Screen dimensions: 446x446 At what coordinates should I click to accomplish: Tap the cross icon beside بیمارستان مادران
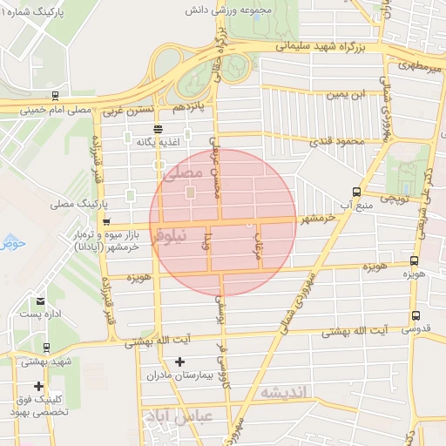[x=180, y=362]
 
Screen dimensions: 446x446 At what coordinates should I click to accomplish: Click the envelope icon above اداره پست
[x=41, y=301]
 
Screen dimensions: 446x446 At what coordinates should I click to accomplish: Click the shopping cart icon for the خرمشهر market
[x=106, y=222]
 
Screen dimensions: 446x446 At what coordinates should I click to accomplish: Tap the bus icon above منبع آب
[x=356, y=192]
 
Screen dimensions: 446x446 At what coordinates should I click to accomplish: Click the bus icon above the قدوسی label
[x=416, y=316]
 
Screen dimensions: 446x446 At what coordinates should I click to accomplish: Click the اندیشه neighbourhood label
[x=283, y=394]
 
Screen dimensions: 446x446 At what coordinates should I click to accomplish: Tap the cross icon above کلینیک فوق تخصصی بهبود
[x=38, y=385]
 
